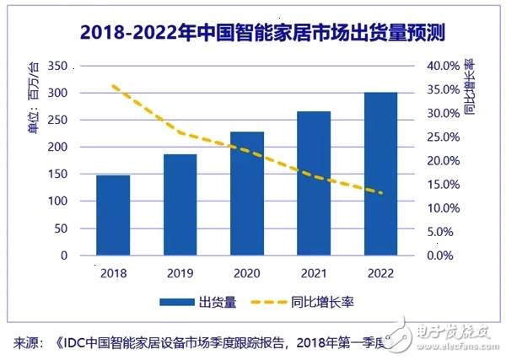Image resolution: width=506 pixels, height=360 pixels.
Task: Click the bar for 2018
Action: point(113,215)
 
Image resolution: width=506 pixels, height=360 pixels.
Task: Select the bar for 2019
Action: point(180,205)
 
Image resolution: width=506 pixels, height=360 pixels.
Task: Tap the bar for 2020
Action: point(246,193)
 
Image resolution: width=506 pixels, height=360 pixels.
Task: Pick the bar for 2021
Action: point(314,183)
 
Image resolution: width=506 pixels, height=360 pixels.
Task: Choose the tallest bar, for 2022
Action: point(380,173)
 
